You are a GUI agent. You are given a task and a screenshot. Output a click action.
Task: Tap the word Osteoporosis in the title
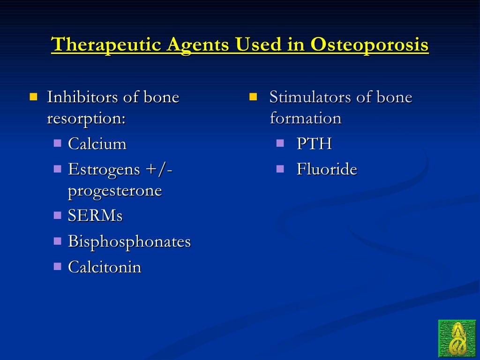(x=369, y=45)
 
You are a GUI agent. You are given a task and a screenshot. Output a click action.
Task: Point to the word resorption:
(x=86, y=118)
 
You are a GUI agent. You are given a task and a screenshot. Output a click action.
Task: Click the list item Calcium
(x=97, y=143)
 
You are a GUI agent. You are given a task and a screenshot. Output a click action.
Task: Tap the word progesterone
(x=115, y=190)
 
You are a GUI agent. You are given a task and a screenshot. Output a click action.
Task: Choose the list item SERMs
(x=95, y=216)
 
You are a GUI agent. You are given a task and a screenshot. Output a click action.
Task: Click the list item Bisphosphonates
(x=129, y=241)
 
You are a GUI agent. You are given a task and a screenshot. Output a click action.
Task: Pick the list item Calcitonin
(x=105, y=267)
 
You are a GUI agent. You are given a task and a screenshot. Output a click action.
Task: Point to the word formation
(x=305, y=118)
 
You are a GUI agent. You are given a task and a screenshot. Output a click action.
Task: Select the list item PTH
(x=314, y=143)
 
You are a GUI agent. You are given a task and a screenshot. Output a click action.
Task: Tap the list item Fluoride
(x=327, y=169)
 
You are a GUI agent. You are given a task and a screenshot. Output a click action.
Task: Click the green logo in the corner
(x=457, y=338)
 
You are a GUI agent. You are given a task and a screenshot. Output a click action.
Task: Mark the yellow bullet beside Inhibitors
(x=33, y=97)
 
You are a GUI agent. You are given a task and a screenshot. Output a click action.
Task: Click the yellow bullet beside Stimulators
(x=254, y=97)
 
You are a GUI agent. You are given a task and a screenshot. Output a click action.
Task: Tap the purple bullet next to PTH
(x=280, y=142)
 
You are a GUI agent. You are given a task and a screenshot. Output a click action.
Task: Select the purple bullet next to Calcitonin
(x=58, y=266)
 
